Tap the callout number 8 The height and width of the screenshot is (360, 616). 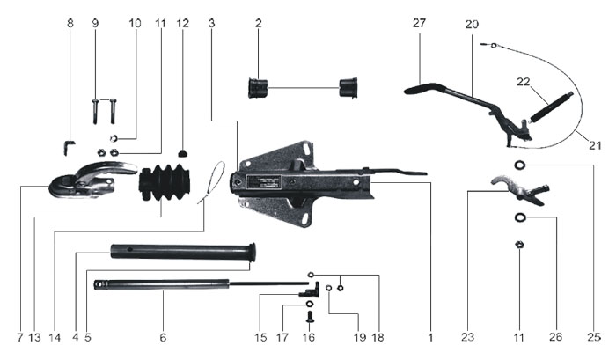(70, 25)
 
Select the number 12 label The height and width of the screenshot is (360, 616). (182, 25)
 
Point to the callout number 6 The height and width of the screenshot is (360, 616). (163, 337)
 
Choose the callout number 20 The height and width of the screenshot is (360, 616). (472, 25)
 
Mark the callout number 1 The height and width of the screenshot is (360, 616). (430, 337)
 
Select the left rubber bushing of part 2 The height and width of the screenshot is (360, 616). (259, 88)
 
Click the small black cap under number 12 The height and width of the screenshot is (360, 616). (183, 151)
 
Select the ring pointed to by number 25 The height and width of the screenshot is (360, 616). (520, 165)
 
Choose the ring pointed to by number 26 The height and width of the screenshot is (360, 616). (520, 217)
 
